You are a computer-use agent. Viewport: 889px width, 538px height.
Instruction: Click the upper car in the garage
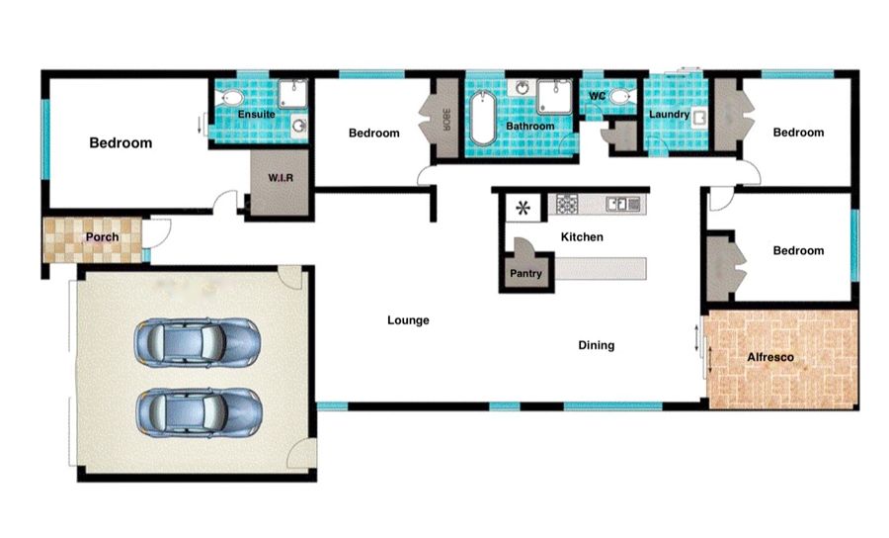pos(198,342)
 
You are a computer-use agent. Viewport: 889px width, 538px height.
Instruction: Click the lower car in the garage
pos(199,412)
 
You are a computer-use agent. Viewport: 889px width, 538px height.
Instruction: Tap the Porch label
pos(102,236)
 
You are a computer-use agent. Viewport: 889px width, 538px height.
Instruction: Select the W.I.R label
pos(281,178)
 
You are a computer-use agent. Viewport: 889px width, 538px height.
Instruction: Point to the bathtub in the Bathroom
pos(482,118)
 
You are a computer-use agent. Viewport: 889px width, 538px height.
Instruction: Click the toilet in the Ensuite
pos(229,98)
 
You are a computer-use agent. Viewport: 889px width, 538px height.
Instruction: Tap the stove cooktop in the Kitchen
pos(567,204)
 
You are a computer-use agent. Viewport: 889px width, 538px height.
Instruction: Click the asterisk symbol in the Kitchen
pos(523,209)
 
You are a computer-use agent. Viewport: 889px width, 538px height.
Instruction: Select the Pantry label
pos(525,274)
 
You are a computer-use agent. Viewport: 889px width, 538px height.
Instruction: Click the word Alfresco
pos(769,357)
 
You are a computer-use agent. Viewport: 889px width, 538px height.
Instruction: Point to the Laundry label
pos(669,114)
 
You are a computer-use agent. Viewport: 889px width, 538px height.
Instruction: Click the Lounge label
pos(408,320)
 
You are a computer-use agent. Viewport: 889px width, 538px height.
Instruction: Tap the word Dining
pos(596,345)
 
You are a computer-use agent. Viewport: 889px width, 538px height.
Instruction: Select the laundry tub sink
pos(699,119)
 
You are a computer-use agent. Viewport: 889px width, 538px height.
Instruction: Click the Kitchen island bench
pos(601,268)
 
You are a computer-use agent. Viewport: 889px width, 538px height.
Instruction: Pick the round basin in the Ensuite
pos(298,125)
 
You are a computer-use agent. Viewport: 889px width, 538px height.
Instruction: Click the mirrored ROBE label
pos(445,120)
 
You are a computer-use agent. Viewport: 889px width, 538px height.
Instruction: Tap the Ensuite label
pos(256,114)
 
